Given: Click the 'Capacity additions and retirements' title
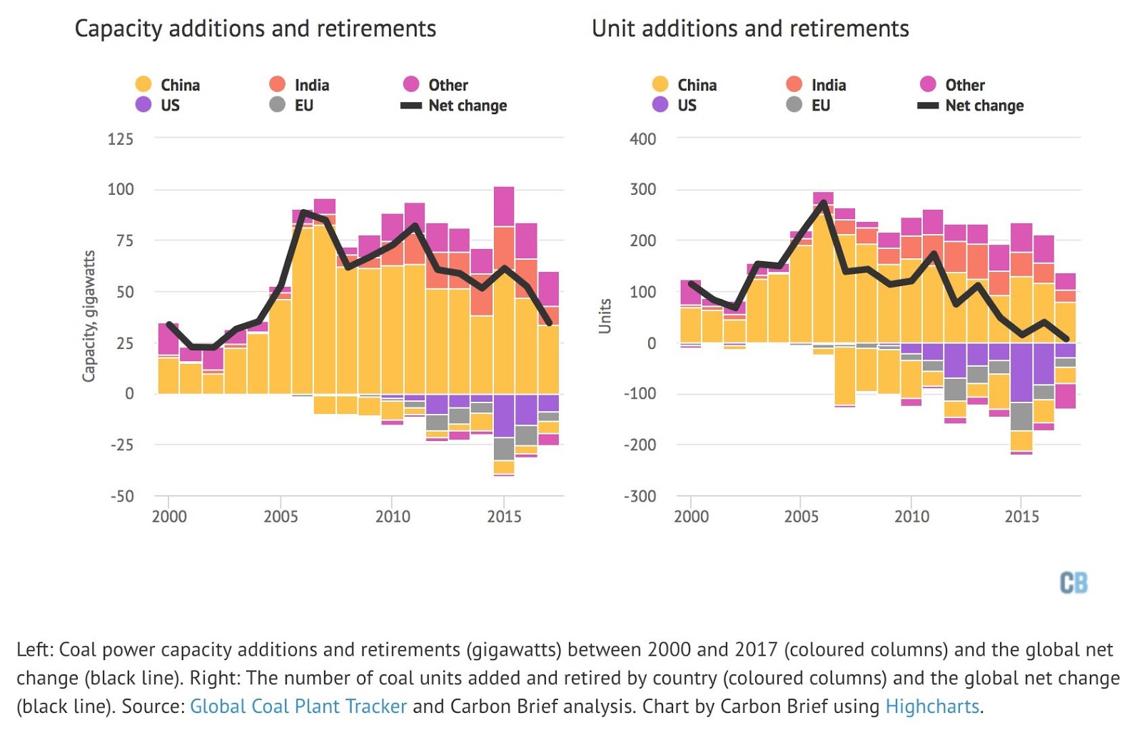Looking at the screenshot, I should tap(255, 29).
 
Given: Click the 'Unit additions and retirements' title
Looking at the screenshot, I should tap(750, 29).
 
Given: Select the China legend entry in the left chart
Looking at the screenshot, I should tap(168, 85).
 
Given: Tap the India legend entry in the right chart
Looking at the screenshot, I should tap(817, 85).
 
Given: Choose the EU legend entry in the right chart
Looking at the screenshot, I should tap(809, 105).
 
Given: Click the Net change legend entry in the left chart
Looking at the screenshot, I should tap(455, 106).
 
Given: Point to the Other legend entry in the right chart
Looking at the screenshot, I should tap(954, 85).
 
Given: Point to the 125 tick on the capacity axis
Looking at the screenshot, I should tap(121, 139).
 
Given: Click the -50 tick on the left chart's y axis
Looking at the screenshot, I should tap(122, 497).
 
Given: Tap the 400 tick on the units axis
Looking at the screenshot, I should tap(642, 139).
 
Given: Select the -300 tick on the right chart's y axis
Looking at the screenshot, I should tap(640, 497).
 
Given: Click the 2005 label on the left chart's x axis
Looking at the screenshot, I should tap(281, 517).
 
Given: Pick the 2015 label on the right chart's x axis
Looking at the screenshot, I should tap(1021, 517).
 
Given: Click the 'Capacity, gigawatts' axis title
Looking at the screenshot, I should tap(89, 316).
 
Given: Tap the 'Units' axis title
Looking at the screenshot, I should tap(605, 316).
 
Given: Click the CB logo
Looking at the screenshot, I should tap(1073, 583).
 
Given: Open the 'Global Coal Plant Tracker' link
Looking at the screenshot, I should tap(298, 706).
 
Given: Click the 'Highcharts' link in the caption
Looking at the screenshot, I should tap(932, 706).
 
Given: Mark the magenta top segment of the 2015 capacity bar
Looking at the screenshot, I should tap(504, 207).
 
